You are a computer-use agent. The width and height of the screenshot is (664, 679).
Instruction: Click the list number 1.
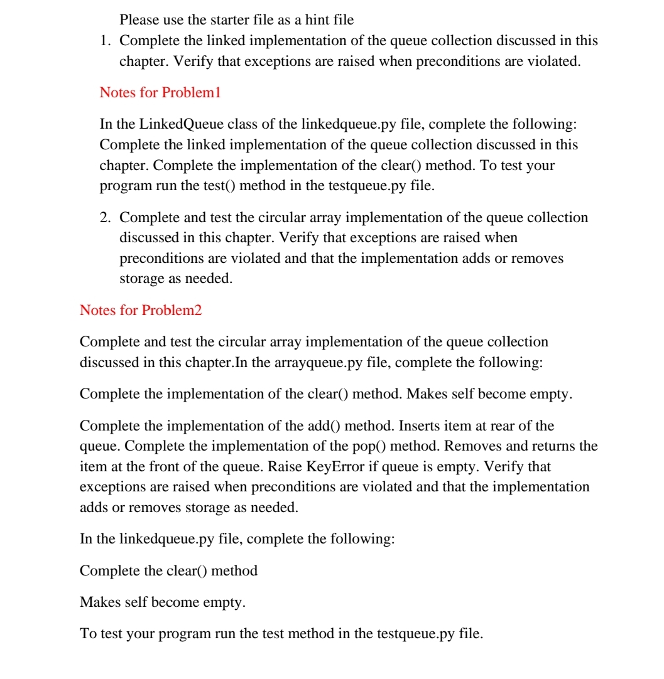coord(106,41)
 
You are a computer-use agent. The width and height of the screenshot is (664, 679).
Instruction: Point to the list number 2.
coord(106,218)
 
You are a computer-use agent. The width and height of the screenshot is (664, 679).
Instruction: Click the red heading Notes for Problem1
coord(160,92)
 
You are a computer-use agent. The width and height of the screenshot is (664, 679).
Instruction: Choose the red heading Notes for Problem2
coord(141,310)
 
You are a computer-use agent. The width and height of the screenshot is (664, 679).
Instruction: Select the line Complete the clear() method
coord(168,570)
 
